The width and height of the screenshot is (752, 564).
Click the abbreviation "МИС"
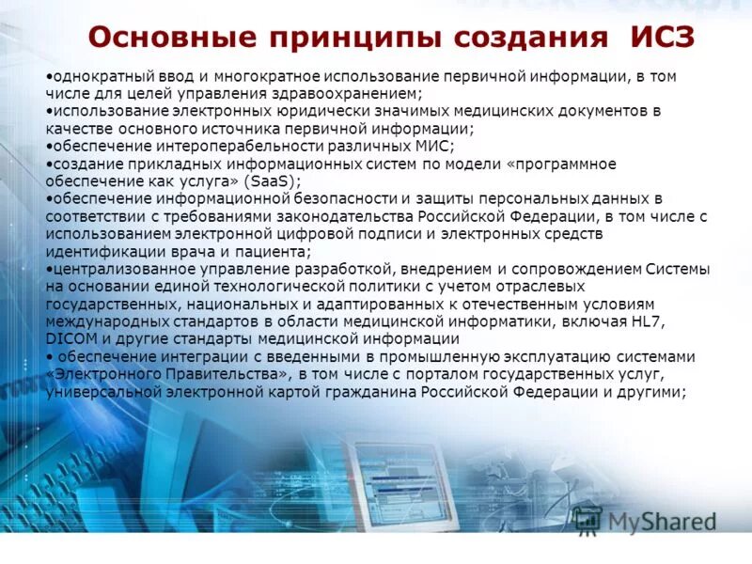click(435, 147)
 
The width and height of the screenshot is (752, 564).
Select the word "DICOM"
click(68, 339)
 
